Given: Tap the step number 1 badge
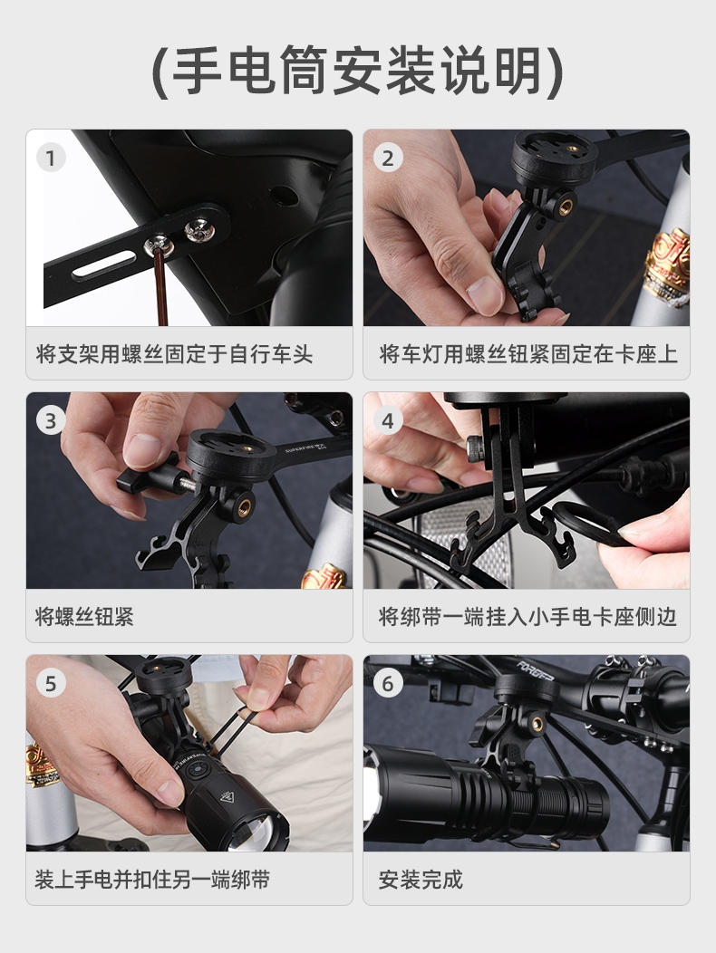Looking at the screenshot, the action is point(51,158).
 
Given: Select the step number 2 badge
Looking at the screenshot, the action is point(388,158).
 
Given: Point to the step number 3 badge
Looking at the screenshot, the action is point(51,420).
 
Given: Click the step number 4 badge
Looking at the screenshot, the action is point(388,420).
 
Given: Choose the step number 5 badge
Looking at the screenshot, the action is point(51,683).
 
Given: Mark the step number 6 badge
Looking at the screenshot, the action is point(388,683).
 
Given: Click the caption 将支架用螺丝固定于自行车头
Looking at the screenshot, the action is point(174,353).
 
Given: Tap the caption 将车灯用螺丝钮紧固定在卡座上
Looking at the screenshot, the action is point(528,353).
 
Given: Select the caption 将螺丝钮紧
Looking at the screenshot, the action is point(84,616).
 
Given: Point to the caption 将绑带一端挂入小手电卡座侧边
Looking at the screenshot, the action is point(527,616).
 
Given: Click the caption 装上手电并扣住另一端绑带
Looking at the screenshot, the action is point(152,879).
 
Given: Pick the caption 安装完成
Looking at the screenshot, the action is point(421,879).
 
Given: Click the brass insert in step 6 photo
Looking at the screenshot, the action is point(537,723).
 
